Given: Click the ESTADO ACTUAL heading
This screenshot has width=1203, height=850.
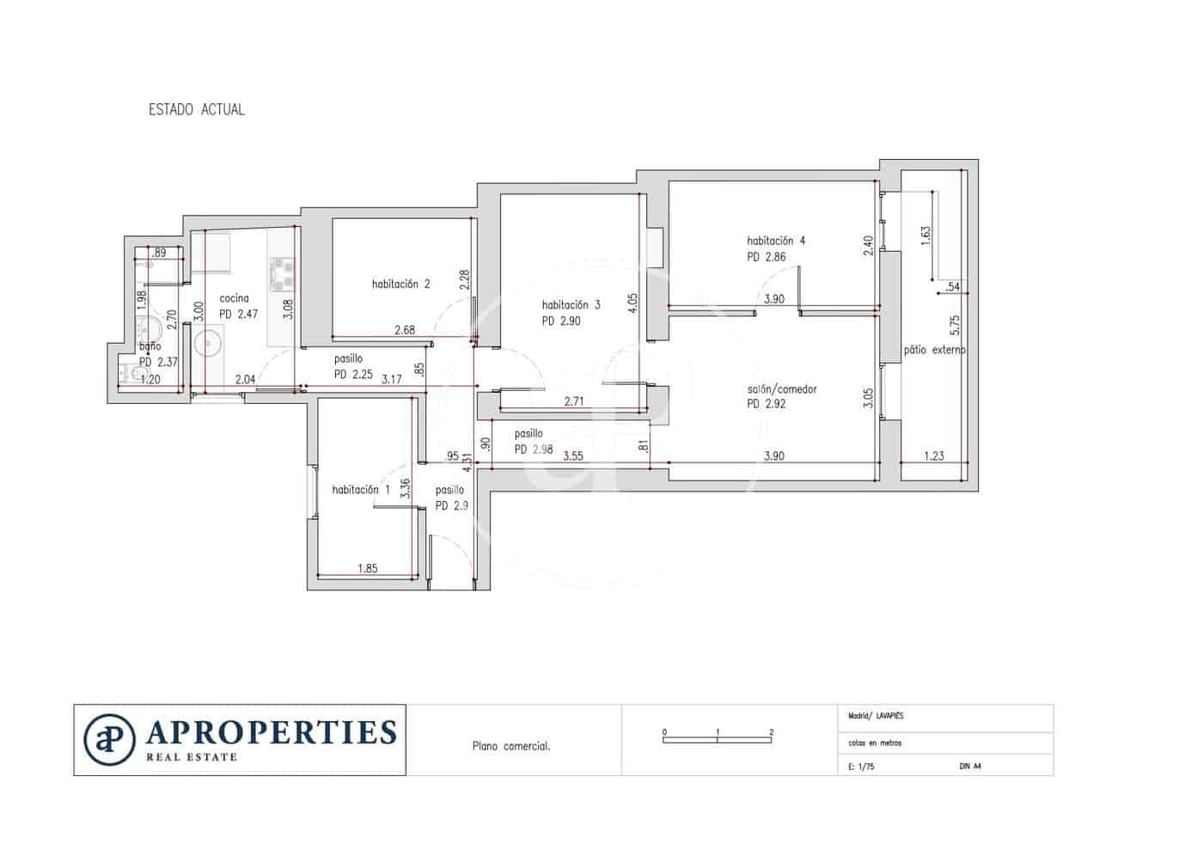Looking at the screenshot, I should [197, 110].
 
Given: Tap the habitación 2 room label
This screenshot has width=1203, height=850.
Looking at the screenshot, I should [400, 284].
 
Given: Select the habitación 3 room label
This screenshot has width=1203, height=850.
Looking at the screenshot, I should [571, 305].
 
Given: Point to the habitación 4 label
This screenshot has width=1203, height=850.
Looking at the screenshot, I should [776, 242].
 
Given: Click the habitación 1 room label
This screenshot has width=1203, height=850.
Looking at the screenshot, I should [361, 490].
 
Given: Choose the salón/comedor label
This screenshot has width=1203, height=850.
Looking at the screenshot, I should [782, 389].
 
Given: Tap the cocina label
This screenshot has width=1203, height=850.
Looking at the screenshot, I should [234, 298].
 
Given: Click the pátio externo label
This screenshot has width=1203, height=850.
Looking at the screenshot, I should [934, 350].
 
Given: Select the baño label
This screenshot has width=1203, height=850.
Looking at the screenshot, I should [150, 346].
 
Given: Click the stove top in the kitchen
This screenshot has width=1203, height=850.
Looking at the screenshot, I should [282, 273].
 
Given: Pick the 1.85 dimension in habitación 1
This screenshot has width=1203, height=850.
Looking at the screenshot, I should [367, 568].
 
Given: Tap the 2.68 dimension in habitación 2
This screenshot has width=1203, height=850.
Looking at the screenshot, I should [405, 330].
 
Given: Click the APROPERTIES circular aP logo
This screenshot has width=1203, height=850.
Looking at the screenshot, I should [110, 739].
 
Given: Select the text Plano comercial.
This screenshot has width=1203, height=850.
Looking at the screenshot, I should [511, 746].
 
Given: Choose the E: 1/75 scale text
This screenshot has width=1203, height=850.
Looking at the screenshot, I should [861, 766].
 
